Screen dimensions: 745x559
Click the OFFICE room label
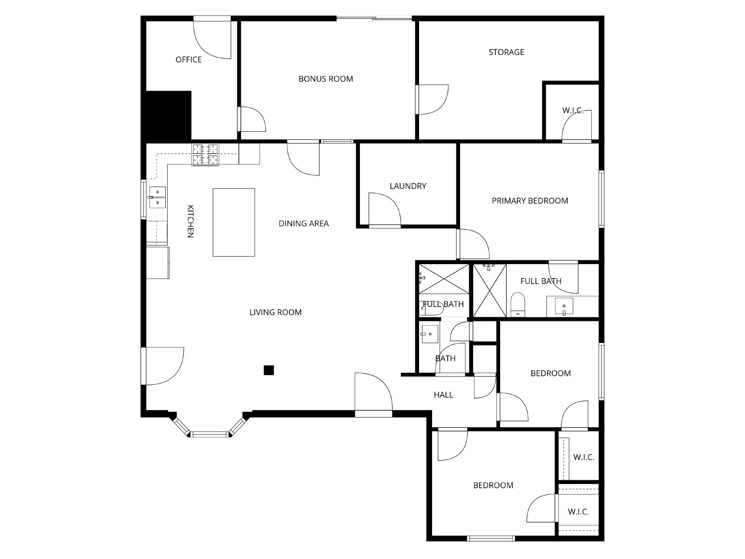(189, 60)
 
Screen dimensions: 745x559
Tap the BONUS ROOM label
(325, 79)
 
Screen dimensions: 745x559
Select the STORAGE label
(506, 52)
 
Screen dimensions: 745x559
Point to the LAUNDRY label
(407, 186)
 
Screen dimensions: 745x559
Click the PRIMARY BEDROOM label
(529, 201)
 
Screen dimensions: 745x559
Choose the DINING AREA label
(304, 224)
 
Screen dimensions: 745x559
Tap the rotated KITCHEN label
(190, 221)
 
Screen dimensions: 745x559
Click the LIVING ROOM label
(275, 313)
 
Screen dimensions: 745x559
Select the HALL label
(443, 395)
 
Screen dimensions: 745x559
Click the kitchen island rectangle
(234, 222)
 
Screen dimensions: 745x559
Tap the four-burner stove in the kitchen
(205, 155)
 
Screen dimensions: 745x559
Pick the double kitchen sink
(157, 197)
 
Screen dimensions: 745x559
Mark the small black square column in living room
(269, 370)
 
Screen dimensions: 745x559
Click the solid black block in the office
(169, 116)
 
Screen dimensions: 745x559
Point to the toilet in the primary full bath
(518, 305)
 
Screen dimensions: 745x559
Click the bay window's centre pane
(210, 434)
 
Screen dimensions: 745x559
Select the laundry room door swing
(385, 209)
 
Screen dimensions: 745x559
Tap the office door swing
(212, 40)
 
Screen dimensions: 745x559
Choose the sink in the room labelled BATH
(429, 334)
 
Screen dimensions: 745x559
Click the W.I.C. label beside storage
(572, 111)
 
